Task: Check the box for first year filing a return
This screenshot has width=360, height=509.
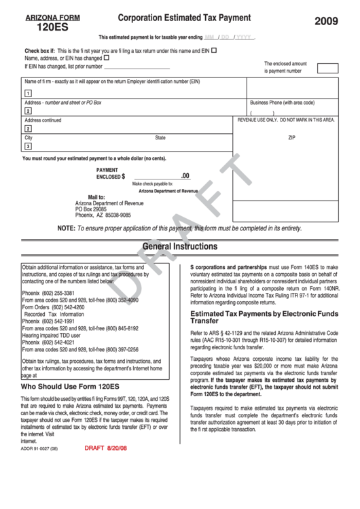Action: coord(214,50)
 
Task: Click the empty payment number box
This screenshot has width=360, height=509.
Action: coord(327,68)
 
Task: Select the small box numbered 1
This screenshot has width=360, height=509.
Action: coord(28,93)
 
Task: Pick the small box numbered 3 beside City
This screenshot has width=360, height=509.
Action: coord(28,146)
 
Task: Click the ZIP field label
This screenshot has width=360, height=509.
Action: coord(292,137)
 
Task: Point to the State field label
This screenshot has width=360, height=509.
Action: coord(160,137)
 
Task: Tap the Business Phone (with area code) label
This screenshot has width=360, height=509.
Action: coord(282,103)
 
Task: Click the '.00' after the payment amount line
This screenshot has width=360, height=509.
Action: coord(185,175)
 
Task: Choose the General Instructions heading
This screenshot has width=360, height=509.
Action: coord(180,246)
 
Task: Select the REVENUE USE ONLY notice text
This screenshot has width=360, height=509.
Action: coord(286,120)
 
